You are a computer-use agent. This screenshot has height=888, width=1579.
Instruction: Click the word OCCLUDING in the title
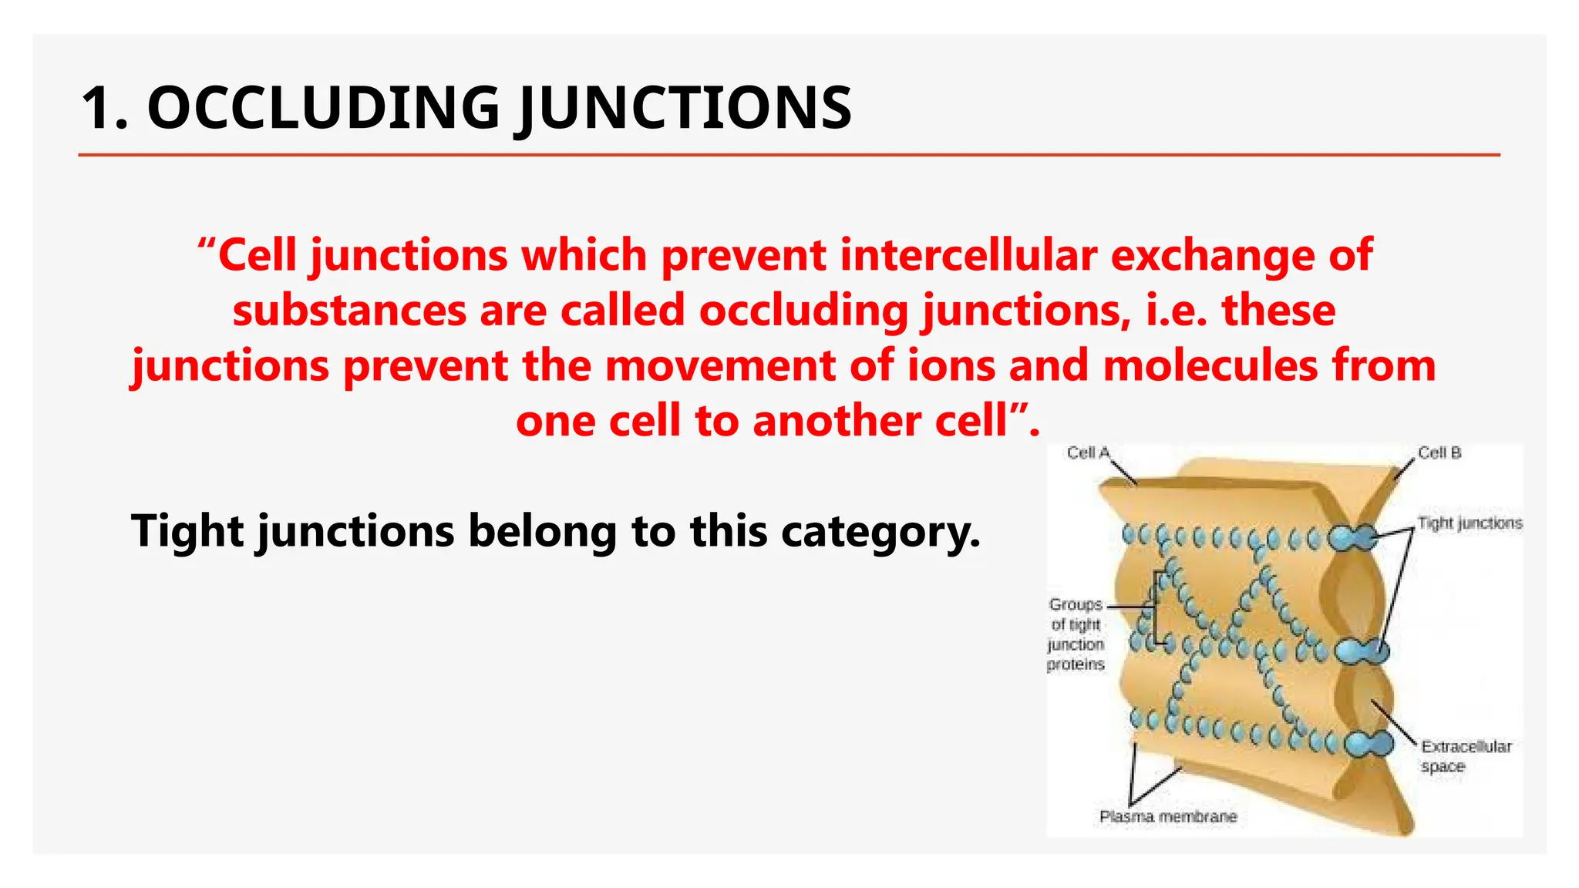[323, 108]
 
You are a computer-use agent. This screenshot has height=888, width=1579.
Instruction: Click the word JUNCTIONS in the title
[685, 108]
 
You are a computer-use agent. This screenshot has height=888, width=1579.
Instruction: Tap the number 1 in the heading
[100, 108]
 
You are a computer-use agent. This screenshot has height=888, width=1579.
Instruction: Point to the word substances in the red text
[349, 310]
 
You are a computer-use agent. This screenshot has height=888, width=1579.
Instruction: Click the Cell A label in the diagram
[1088, 452]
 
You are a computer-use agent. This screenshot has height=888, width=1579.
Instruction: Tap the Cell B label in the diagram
[1439, 452]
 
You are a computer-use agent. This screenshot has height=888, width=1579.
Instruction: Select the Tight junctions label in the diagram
[1470, 523]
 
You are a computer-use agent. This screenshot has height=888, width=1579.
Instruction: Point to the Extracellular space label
[1465, 755]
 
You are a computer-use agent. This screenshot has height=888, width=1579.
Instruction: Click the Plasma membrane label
[1167, 816]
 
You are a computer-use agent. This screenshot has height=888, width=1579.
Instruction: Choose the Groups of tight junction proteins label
[1076, 634]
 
